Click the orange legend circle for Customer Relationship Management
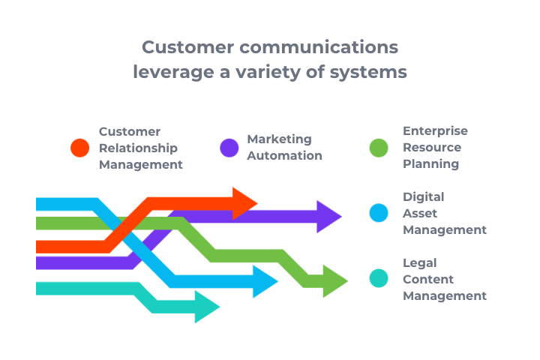[x=80, y=148]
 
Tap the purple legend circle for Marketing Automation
[x=229, y=148]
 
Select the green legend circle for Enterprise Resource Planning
[x=379, y=148]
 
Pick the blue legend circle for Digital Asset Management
[x=379, y=213]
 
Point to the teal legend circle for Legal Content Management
[x=379, y=279]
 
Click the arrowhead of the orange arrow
[x=244, y=203]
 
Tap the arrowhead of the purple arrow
[x=328, y=217]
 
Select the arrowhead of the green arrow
[x=334, y=281]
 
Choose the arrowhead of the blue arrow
[x=265, y=281]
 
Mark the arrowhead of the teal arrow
[x=206, y=307]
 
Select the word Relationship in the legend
[x=138, y=148]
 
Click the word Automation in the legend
[x=284, y=156]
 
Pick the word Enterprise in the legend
[x=435, y=131]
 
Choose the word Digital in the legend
[x=423, y=196]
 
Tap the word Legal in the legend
[x=419, y=262]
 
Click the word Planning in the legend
[x=430, y=164]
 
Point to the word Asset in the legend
[x=420, y=213]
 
